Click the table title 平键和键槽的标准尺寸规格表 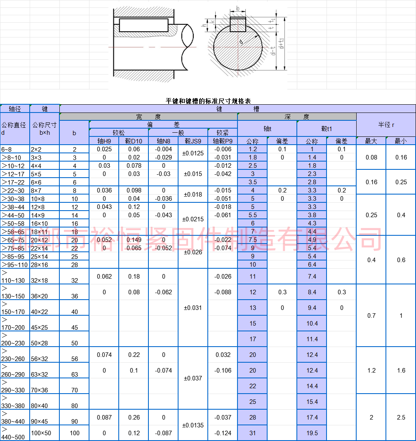tap(208, 101)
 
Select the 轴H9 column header tap(104, 141)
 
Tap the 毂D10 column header tap(134, 141)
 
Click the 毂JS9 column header tap(193, 141)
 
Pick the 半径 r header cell tap(386, 124)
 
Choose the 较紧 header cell tap(223, 133)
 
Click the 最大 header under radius tap(371, 141)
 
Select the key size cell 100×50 tap(41, 433)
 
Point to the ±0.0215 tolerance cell tap(193, 219)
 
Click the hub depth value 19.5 tap(312, 433)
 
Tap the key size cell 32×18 tap(39, 280)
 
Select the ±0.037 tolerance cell tap(193, 378)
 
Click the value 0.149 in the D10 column tap(134, 240)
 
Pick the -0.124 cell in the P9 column tap(223, 433)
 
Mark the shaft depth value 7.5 tap(252, 240)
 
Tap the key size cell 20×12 tap(40, 240)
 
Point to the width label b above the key tap(238, 8)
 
